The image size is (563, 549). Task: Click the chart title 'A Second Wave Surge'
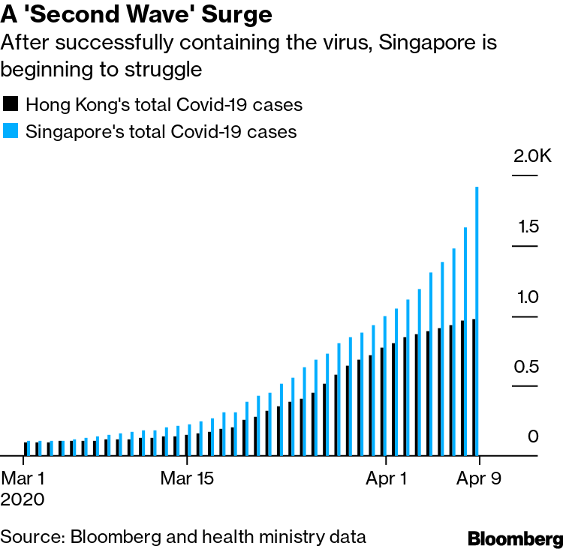[x=136, y=14]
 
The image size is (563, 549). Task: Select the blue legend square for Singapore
[x=11, y=131]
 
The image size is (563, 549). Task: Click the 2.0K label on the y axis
[x=532, y=157]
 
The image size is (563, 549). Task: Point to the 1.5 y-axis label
[x=527, y=226]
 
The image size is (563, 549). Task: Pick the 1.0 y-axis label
[x=527, y=297]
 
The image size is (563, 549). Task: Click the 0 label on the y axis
[x=533, y=436]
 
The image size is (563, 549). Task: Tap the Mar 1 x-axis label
[x=23, y=478]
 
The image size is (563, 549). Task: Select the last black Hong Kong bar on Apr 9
[x=474, y=387]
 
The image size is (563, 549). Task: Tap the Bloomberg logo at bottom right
[x=514, y=538]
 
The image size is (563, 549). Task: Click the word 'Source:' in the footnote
[x=32, y=537]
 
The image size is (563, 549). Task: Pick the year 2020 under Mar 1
[x=23, y=499]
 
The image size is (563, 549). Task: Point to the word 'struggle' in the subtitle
[x=169, y=70]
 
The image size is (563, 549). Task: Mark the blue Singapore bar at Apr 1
[x=385, y=385]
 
